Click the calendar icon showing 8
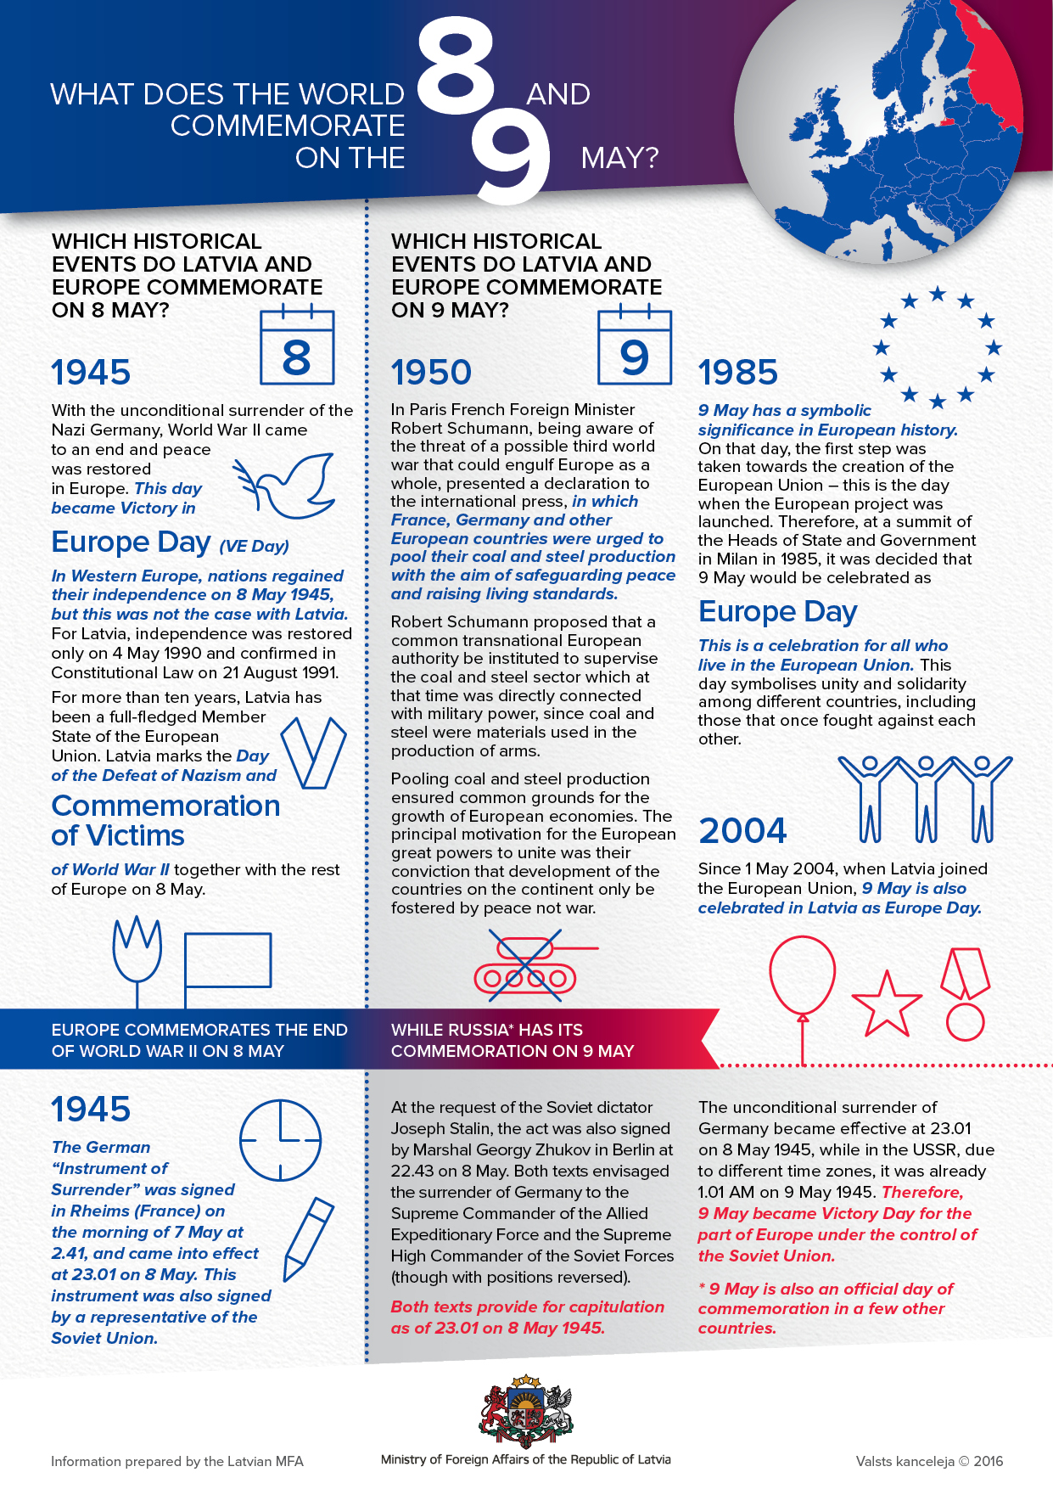click(297, 347)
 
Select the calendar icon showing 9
click(635, 347)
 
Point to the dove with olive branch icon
click(284, 486)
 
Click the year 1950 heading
click(431, 373)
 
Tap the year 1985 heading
click(737, 373)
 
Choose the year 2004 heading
click(742, 831)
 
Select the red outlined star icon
click(886, 1006)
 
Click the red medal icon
click(965, 993)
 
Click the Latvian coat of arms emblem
click(526, 1412)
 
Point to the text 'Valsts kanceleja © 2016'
click(929, 1461)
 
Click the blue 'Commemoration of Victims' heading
click(165, 820)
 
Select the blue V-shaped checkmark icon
click(313, 752)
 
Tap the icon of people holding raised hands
click(925, 798)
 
